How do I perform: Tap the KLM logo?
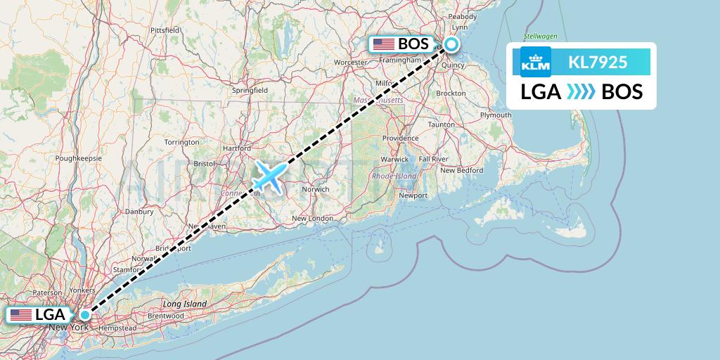[535, 62]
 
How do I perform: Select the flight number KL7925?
[598, 62]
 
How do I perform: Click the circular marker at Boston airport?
[450, 45]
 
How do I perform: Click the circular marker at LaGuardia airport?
[84, 314]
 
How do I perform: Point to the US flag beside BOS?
[384, 44]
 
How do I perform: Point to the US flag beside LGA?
[21, 314]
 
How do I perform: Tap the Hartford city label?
[238, 148]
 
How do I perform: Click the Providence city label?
[400, 138]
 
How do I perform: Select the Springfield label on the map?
[250, 90]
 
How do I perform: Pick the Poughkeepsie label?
[80, 158]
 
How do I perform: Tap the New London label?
[312, 219]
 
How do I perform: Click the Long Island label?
[185, 304]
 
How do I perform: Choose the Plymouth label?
[495, 115]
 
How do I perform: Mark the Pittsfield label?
[165, 30]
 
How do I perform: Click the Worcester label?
[350, 63]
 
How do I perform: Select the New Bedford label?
[461, 170]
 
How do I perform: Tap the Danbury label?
[139, 211]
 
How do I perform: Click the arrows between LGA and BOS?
[581, 91]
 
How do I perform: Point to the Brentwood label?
[166, 316]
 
